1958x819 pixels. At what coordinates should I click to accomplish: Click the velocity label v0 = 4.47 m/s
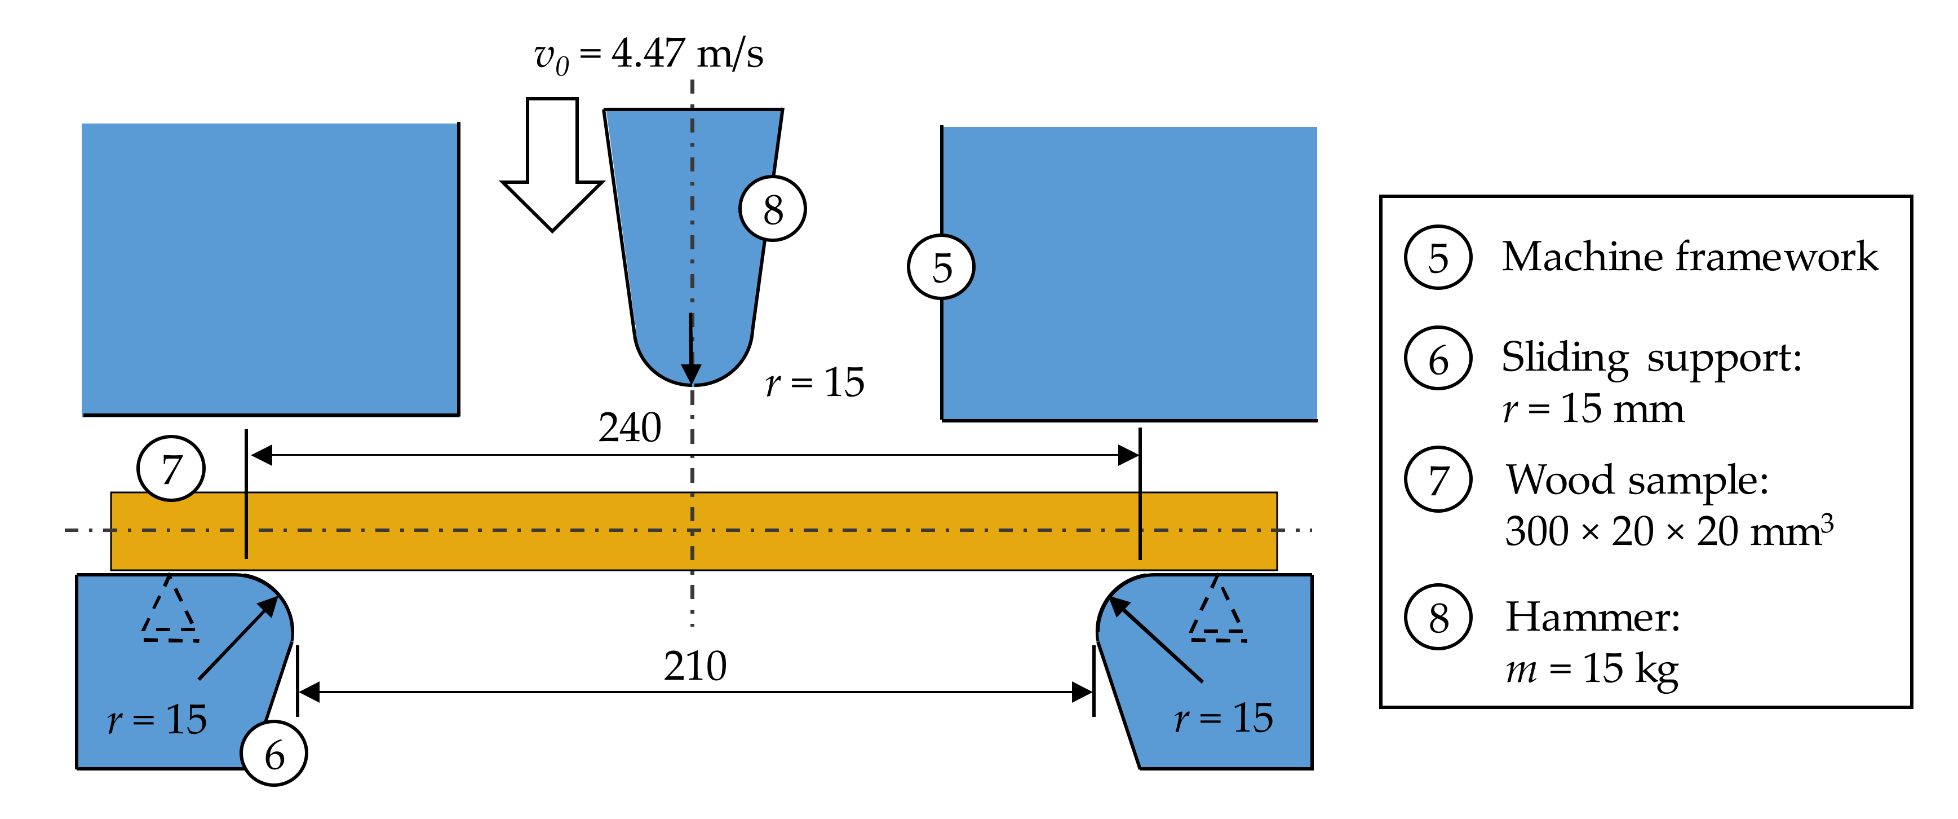click(648, 55)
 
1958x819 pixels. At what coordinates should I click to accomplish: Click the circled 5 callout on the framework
click(941, 267)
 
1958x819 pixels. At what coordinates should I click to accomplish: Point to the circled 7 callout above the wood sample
click(171, 468)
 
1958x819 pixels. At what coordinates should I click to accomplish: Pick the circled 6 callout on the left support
click(274, 754)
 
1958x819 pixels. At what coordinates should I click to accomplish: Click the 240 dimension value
click(630, 428)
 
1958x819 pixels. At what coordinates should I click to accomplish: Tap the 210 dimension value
click(695, 666)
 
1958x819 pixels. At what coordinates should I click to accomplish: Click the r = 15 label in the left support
click(157, 719)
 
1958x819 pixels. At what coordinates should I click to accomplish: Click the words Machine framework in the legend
click(1689, 256)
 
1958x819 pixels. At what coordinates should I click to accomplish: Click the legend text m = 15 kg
click(1592, 668)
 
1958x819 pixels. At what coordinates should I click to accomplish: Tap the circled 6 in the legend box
click(1438, 358)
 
